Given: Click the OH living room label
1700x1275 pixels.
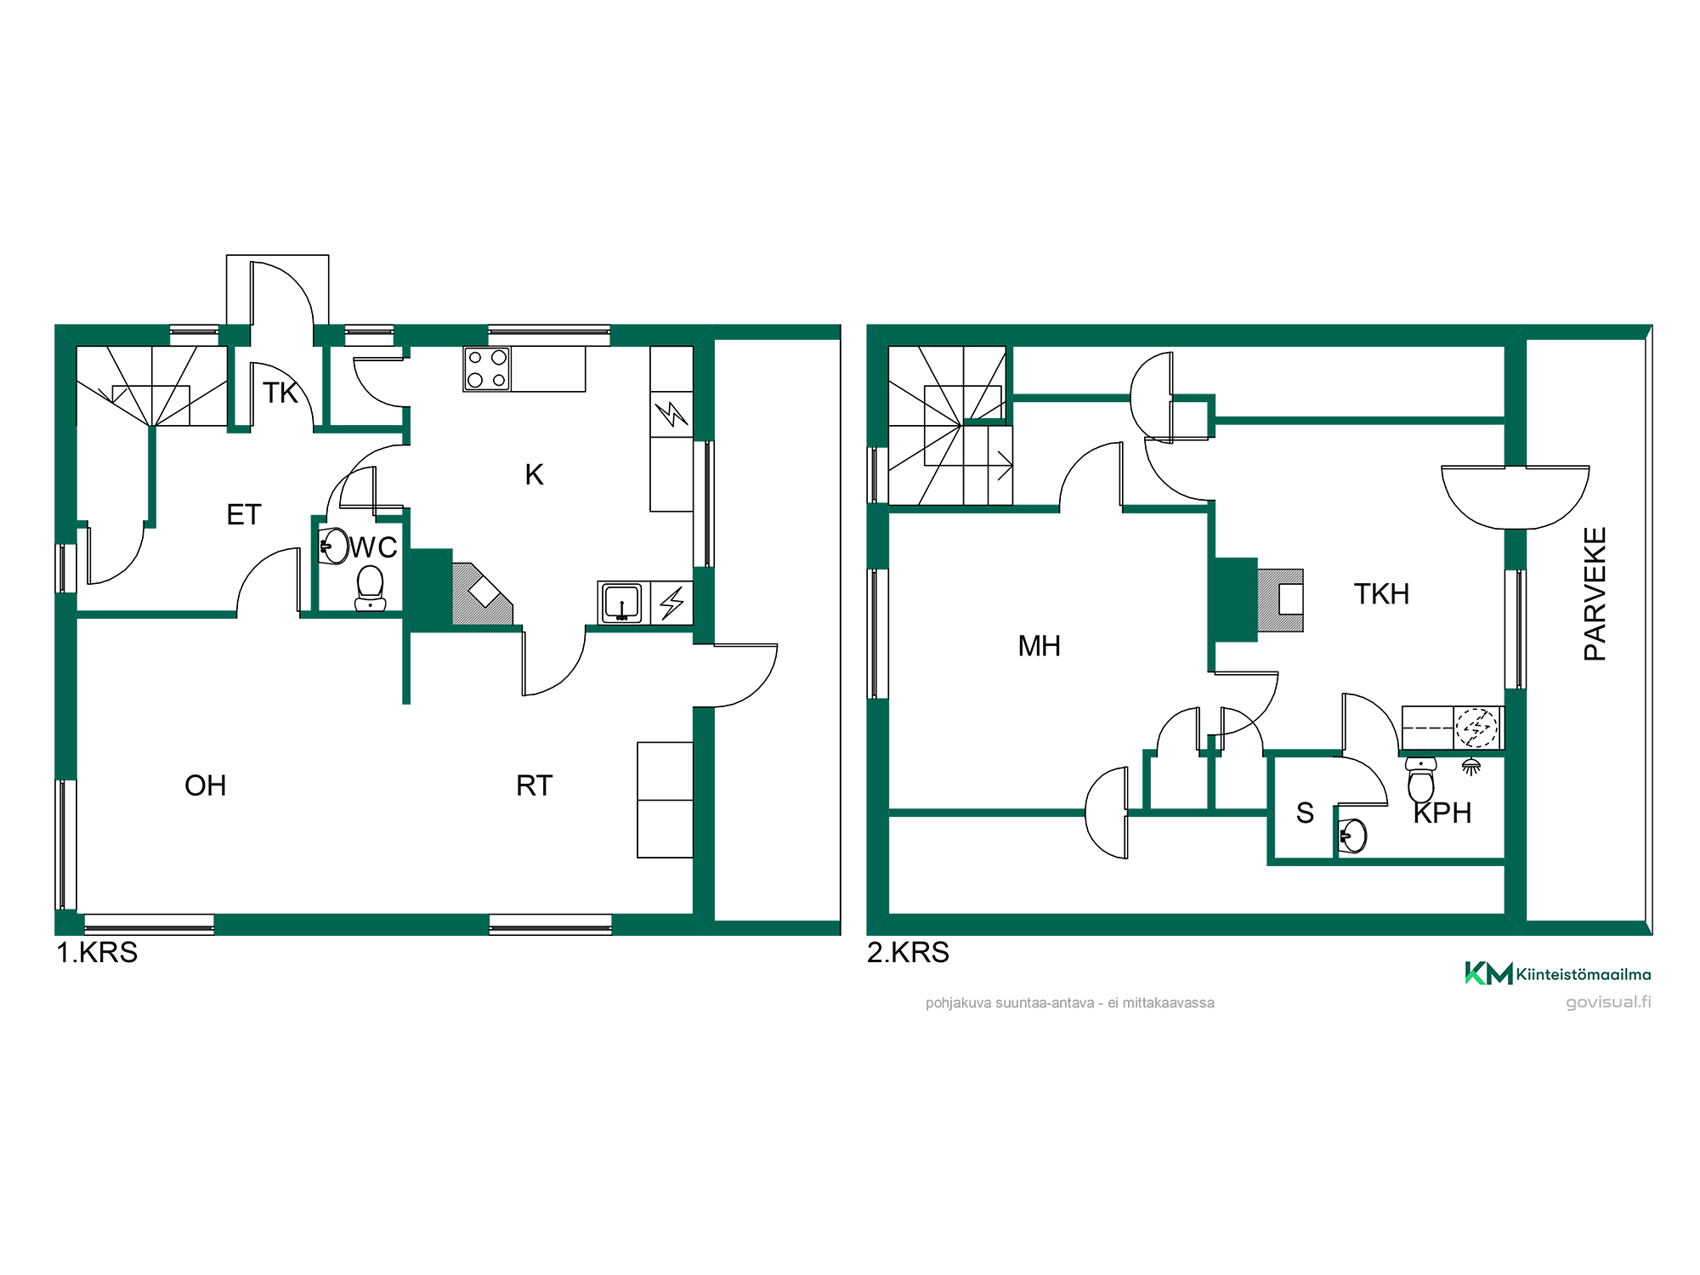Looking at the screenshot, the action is tap(206, 785).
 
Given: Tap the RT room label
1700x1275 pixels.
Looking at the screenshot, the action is tap(535, 785).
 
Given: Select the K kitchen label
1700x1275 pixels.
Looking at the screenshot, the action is tap(534, 474).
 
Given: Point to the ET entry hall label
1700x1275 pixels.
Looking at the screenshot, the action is tap(244, 514).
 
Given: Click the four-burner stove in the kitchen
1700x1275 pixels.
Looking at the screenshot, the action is tap(487, 369).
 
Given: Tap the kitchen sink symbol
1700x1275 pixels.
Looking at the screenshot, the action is tap(622, 603).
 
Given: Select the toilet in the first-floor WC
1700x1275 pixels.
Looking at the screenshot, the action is tap(370, 589).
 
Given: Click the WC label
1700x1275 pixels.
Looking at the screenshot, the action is tap(373, 547).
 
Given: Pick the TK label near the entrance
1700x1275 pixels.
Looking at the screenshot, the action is tap(280, 393).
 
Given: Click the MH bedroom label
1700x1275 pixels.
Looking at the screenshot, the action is tap(1039, 646).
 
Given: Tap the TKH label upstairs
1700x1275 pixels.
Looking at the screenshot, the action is tap(1381, 593).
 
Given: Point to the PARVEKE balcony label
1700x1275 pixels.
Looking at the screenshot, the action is tap(1595, 593).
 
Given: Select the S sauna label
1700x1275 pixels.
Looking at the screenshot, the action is tap(1305, 813).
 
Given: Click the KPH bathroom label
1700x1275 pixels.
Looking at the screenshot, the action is tap(1442, 813).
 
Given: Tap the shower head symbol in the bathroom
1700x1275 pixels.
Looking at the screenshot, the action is tap(1471, 767).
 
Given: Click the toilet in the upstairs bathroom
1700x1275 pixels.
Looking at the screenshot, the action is tap(1421, 779).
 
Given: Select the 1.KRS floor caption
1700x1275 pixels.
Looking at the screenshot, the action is tap(97, 952).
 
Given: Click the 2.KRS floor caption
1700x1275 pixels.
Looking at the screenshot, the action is tap(908, 952).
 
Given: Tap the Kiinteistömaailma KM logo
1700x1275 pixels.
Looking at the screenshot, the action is tap(1557, 974).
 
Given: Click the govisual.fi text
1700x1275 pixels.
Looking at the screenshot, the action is tap(1608, 1002).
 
